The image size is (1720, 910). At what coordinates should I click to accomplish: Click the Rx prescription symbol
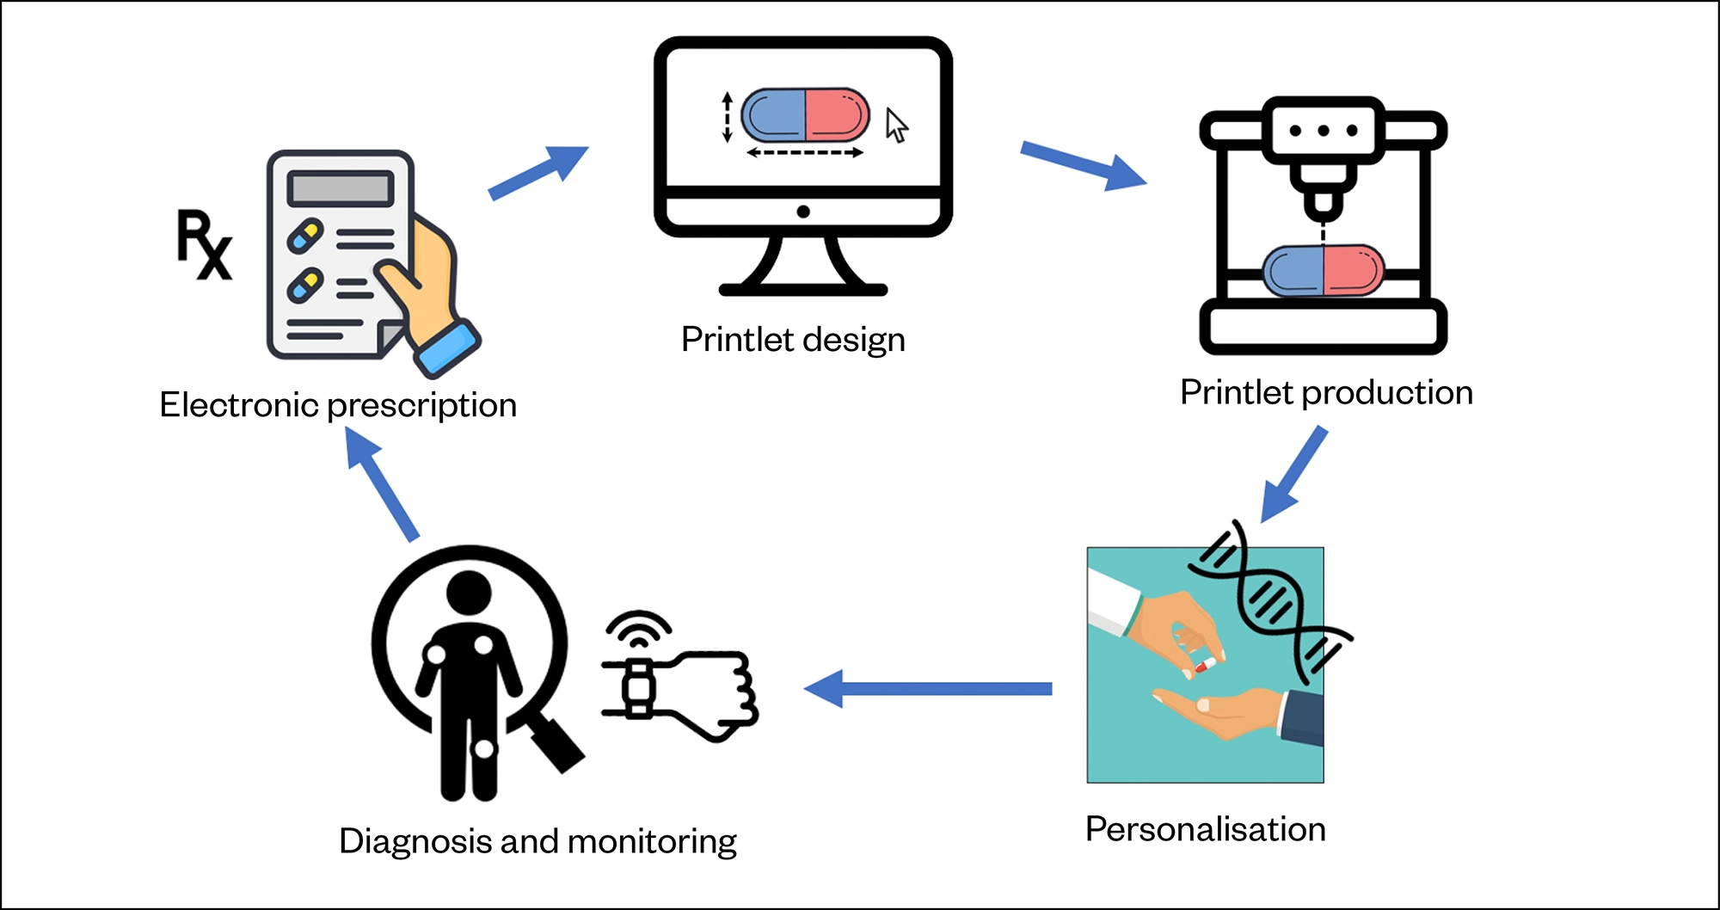pyautogui.click(x=204, y=244)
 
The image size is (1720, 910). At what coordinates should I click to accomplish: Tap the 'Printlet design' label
pyautogui.click(x=793, y=340)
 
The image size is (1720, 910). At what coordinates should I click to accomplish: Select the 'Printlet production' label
pyautogui.click(x=1326, y=392)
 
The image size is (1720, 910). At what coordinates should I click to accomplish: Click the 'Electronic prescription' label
pyautogui.click(x=338, y=405)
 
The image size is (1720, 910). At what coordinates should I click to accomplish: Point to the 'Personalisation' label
pyautogui.click(x=1205, y=829)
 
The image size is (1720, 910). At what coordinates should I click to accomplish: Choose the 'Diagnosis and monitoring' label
pyautogui.click(x=537, y=841)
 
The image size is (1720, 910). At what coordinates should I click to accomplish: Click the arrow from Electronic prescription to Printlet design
pyautogui.click(x=538, y=172)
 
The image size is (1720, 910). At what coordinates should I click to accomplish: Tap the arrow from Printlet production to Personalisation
pyautogui.click(x=1294, y=474)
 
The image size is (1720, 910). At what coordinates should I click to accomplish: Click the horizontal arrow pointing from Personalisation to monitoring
pyautogui.click(x=928, y=689)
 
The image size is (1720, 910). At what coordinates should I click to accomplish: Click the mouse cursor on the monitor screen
pyautogui.click(x=897, y=126)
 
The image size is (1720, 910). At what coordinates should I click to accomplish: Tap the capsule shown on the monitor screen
pyautogui.click(x=805, y=115)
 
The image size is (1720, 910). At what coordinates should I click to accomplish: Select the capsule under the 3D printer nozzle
pyautogui.click(x=1323, y=269)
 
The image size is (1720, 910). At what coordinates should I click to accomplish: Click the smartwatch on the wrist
pyautogui.click(x=638, y=688)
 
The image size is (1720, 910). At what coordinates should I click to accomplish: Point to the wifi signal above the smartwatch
pyautogui.click(x=638, y=628)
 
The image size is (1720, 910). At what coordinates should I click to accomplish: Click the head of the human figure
pyautogui.click(x=469, y=593)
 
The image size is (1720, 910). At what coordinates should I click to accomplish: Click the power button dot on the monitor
pyautogui.click(x=803, y=212)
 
